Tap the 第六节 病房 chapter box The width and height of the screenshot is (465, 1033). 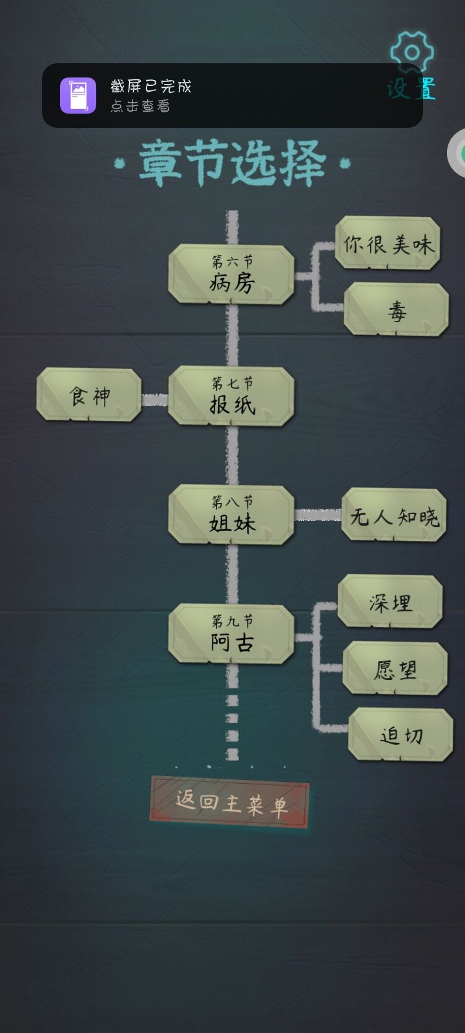(x=231, y=274)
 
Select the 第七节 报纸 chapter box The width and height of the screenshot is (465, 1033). (x=231, y=396)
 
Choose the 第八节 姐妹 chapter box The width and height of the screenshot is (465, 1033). (x=231, y=515)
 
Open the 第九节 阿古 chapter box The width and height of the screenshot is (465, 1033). (x=231, y=633)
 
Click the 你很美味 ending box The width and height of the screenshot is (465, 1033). (x=387, y=243)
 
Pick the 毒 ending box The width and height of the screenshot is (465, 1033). (x=397, y=309)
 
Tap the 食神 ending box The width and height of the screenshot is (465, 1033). (x=89, y=394)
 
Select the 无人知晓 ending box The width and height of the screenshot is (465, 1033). (x=394, y=515)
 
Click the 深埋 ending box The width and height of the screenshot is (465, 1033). (x=390, y=601)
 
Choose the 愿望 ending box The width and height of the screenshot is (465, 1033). (x=395, y=668)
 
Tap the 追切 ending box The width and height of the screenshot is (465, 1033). (x=400, y=735)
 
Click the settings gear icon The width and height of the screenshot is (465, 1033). (x=412, y=52)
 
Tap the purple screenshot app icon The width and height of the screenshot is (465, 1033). (x=78, y=95)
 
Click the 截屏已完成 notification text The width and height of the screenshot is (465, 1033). (x=151, y=87)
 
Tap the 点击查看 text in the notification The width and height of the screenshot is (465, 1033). (x=140, y=106)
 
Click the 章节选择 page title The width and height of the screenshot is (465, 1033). (x=232, y=164)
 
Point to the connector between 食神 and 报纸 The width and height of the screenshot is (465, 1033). (x=154, y=400)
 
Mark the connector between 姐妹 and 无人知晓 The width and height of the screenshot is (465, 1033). (x=318, y=515)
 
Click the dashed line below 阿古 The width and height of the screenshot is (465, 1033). (x=232, y=712)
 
